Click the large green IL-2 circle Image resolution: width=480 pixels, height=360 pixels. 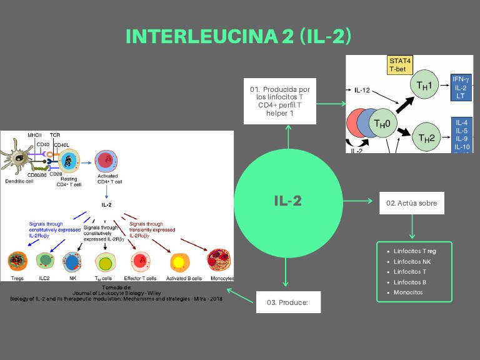point(288,201)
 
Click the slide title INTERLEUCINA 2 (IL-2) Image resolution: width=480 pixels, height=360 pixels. point(239,37)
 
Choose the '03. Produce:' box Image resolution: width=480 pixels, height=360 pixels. point(288,302)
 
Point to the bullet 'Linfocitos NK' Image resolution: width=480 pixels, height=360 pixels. point(412,261)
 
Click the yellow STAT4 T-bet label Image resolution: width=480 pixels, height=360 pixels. point(400,65)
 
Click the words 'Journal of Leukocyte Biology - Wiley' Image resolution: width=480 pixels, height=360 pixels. point(116,292)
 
